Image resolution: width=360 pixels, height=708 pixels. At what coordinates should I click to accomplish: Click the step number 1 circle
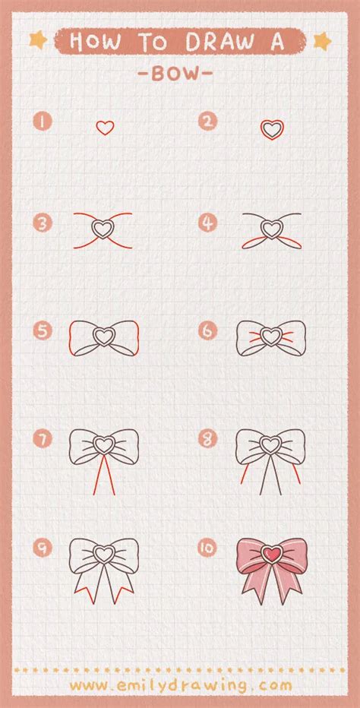[x=43, y=122]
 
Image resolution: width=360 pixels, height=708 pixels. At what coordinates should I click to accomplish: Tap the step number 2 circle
[x=207, y=121]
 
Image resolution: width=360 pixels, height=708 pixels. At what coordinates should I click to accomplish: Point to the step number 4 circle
[x=207, y=223]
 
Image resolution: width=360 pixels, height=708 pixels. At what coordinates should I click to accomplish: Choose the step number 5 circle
[x=43, y=331]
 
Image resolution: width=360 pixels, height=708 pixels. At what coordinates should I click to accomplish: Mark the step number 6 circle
[x=207, y=331]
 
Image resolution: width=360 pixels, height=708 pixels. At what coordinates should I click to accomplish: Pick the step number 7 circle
[x=43, y=439]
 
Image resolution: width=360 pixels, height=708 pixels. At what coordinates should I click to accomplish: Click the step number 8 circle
[x=207, y=438]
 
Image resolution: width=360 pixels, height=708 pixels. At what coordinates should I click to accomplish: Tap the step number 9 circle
[x=43, y=548]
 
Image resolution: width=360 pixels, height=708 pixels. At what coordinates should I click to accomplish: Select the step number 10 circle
[x=207, y=548]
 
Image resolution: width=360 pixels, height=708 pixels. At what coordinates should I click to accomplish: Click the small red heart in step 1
[x=105, y=128]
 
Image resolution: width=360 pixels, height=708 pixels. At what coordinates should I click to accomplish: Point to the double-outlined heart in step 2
[x=272, y=130]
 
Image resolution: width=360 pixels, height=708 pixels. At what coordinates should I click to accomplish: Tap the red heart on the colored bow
[x=271, y=554]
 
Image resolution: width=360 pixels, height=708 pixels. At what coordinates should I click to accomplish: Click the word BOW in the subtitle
[x=175, y=74]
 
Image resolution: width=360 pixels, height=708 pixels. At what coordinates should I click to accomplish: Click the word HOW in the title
[x=95, y=42]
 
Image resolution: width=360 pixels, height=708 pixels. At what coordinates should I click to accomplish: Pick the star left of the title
[x=39, y=40]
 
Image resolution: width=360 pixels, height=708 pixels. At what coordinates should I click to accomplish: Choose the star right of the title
[x=322, y=41]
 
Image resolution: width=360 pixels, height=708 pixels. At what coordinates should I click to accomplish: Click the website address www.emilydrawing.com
[x=181, y=685]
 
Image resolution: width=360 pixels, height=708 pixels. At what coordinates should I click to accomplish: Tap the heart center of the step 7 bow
[x=104, y=445]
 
